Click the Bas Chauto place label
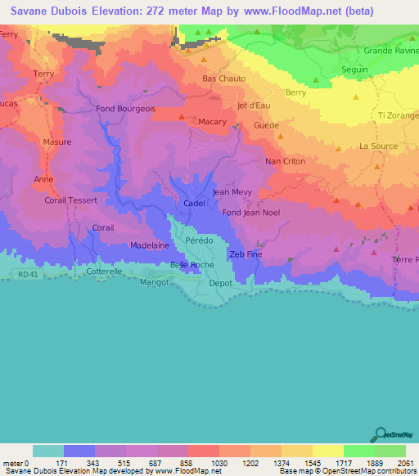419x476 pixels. coord(224,79)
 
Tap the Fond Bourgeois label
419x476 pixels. coord(126,109)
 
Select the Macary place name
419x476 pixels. coord(213,122)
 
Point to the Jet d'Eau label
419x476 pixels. coord(254,106)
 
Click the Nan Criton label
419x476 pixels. coord(286,162)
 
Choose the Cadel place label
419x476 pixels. coord(195,204)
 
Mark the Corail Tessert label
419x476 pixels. coord(71,200)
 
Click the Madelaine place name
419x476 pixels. coord(150,245)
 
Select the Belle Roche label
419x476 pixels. coord(191,265)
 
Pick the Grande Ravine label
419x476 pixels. coord(390,51)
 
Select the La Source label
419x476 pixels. coord(378,146)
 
